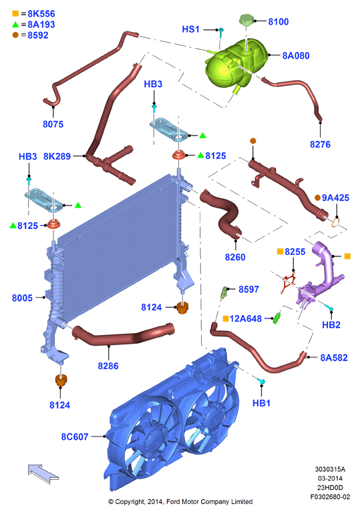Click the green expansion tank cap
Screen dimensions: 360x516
point(246,19)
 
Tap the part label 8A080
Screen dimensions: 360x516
point(296,55)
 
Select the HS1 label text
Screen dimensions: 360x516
point(191,29)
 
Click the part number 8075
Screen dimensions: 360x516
point(53,124)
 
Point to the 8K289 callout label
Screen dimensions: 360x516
point(57,156)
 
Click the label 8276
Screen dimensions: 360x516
point(320,144)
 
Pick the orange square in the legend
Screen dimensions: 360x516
point(15,13)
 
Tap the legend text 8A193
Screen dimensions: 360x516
point(41,24)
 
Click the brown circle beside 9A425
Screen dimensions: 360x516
point(317,198)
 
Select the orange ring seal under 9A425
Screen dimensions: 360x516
point(335,223)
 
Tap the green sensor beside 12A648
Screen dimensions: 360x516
point(277,318)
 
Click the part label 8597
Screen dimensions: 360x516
point(248,289)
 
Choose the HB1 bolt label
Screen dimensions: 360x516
point(261,403)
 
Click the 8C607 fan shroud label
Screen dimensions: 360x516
point(75,437)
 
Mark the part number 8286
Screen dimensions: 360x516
point(108,366)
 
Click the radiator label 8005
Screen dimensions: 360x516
point(22,298)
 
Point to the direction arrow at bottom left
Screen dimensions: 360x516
point(43,473)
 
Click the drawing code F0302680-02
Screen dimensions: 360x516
point(330,497)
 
